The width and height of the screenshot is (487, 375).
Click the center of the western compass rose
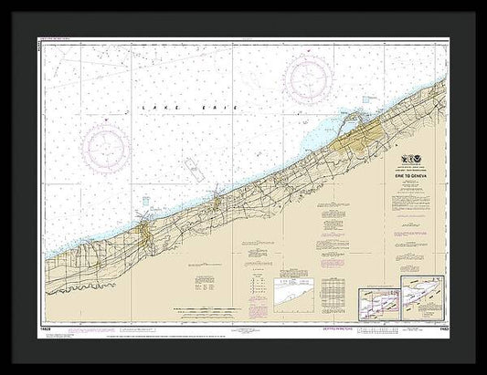point(106,145)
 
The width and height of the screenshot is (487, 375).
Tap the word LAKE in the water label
point(154,109)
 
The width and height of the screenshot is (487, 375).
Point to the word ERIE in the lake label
point(223,109)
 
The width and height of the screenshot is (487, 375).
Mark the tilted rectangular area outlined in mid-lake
point(193,168)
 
